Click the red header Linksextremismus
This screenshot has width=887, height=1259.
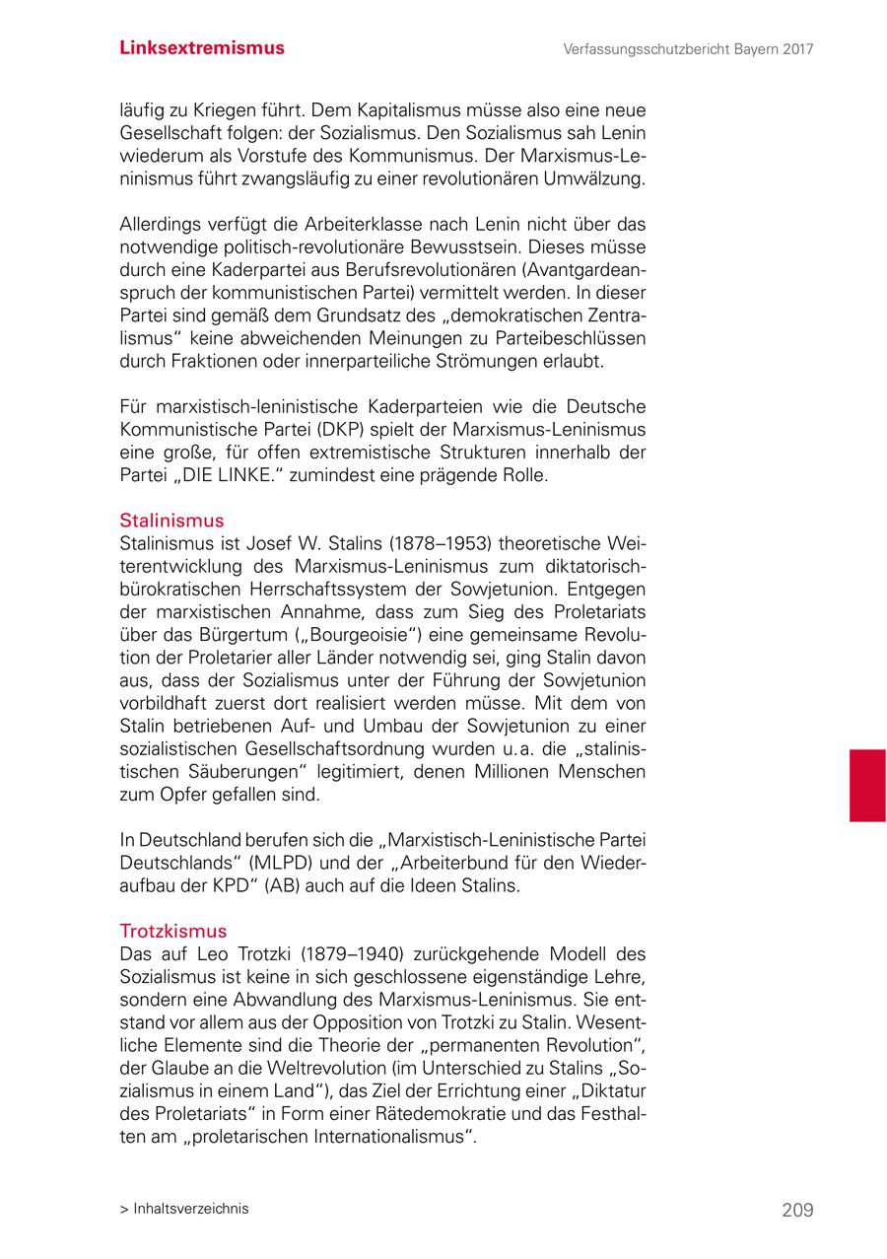202,48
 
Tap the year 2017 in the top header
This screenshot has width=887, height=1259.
795,49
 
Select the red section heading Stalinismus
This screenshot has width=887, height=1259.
171,521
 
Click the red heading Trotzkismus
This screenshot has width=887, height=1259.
172,931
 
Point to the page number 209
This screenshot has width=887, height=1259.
797,1210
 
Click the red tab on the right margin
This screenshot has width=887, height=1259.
867,785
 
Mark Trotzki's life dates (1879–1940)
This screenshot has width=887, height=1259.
352,953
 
